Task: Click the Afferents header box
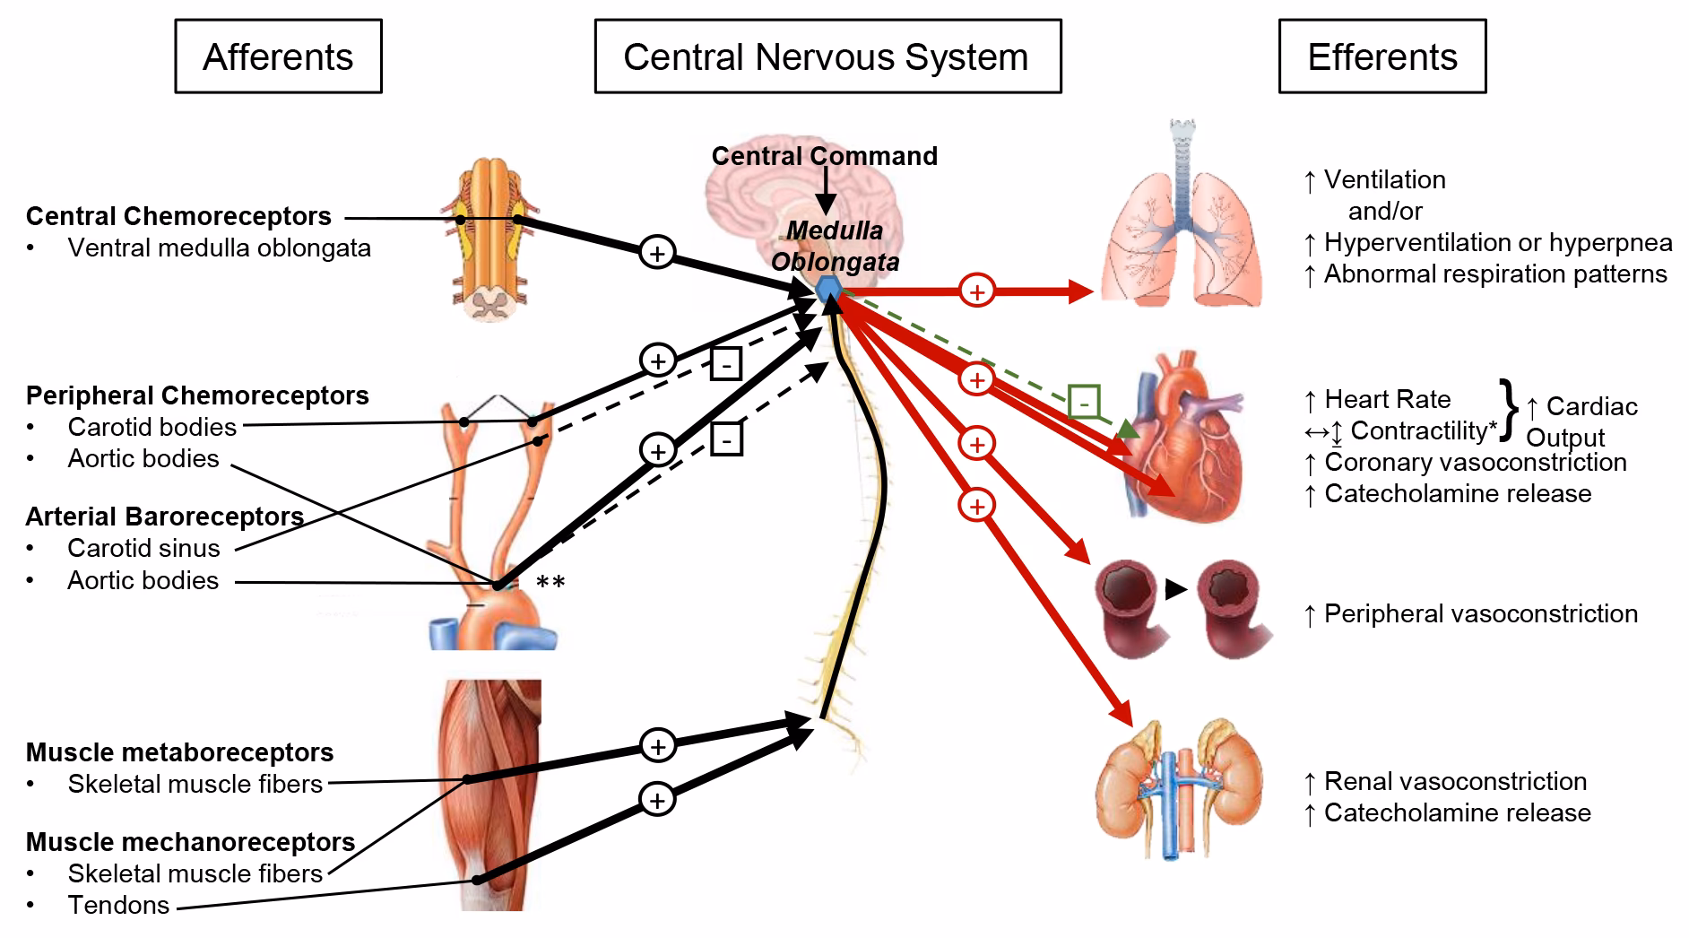point(278,56)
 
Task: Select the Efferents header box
point(1382,56)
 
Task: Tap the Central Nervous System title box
point(827,56)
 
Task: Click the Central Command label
point(824,156)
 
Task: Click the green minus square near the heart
point(1084,403)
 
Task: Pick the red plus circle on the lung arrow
point(977,291)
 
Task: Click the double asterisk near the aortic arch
point(550,583)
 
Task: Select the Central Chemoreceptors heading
point(178,216)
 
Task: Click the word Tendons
point(118,905)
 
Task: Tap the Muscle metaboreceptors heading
point(179,752)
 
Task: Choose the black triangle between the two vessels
point(1175,589)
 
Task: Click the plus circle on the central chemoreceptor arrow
point(657,254)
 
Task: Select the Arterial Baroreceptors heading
point(164,517)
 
